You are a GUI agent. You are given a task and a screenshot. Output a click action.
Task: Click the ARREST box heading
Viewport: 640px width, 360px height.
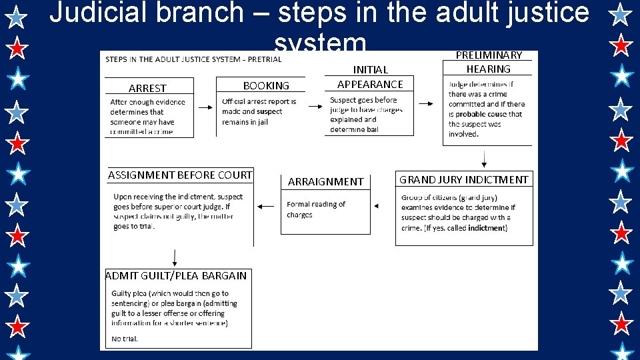147,88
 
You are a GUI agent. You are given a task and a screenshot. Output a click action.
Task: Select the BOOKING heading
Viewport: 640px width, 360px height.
266,85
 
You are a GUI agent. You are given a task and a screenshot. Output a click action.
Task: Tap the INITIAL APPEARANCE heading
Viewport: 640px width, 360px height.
370,77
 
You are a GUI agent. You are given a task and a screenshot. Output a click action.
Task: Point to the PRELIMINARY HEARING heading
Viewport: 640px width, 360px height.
488,62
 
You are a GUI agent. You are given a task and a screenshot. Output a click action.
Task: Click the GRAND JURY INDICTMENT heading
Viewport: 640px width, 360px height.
463,179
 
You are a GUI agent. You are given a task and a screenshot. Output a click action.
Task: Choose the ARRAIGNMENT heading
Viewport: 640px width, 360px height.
325,181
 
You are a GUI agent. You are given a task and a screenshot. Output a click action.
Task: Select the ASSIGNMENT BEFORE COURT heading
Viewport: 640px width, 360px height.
180,175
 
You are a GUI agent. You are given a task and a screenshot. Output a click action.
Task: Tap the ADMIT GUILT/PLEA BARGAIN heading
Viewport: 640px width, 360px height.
176,275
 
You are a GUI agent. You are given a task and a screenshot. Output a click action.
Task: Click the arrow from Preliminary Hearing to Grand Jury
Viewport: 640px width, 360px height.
484,159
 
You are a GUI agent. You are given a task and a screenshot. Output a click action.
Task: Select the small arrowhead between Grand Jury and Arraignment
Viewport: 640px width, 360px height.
377,207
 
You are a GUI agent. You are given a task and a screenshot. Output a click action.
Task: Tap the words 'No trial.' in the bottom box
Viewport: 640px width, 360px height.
125,339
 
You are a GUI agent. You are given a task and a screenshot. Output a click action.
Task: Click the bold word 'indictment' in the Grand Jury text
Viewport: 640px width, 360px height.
486,228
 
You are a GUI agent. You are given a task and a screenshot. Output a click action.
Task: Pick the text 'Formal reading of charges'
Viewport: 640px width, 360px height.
315,209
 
